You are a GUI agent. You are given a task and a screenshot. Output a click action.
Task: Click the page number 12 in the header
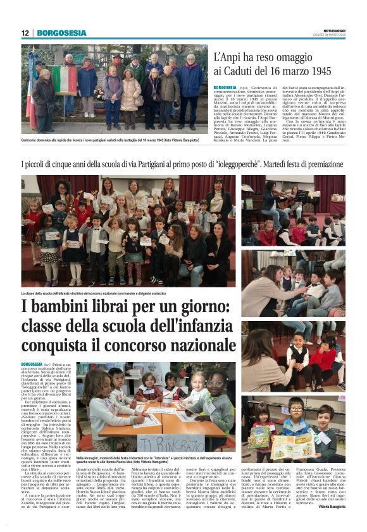25,33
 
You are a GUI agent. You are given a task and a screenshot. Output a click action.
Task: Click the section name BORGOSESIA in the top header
61,33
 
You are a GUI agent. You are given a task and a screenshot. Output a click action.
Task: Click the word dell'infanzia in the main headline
193,327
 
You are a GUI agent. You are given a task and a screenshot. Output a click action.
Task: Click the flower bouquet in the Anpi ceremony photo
99,96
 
